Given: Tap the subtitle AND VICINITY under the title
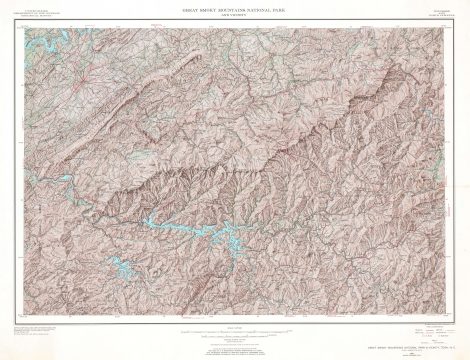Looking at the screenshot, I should click(x=234, y=15).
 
